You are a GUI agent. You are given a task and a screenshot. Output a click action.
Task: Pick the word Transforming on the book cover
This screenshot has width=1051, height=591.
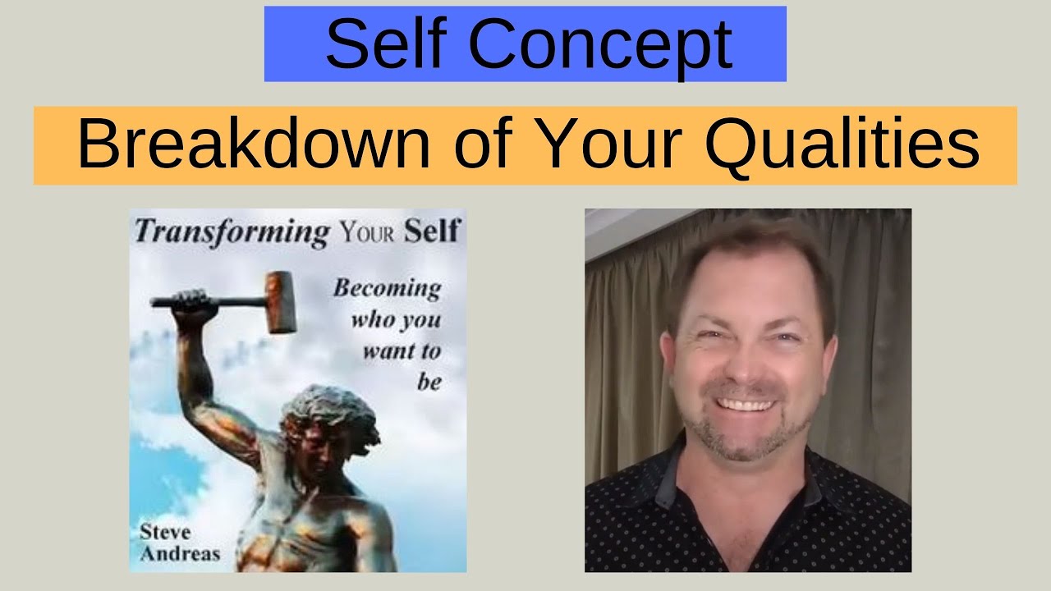[x=231, y=231]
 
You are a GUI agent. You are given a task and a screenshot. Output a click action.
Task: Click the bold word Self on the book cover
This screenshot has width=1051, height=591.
[x=432, y=231]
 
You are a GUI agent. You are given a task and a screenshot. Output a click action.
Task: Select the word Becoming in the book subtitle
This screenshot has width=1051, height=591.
[x=386, y=289]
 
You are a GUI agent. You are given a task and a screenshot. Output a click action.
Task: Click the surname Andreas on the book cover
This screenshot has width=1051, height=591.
[x=180, y=553]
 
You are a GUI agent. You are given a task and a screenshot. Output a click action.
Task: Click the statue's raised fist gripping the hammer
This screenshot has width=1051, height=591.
[x=191, y=302]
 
